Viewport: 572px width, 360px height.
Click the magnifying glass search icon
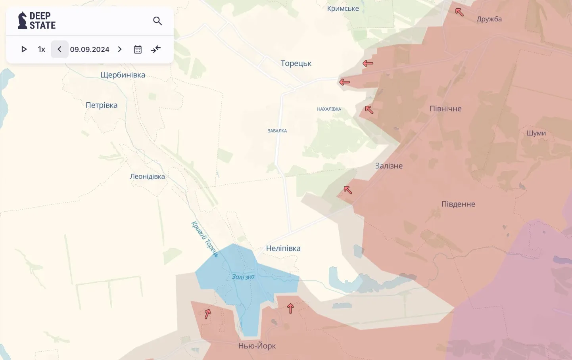(157, 21)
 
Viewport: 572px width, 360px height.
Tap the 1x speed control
(42, 50)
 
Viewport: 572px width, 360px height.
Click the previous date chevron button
(60, 50)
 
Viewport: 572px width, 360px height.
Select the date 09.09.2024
(90, 50)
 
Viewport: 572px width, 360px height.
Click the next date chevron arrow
(120, 50)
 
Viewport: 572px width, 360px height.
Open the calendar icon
(138, 50)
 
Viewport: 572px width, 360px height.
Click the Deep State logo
(37, 21)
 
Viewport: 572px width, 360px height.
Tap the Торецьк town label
(296, 63)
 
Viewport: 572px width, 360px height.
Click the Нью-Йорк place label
(257, 346)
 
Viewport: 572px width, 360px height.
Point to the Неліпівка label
(283, 249)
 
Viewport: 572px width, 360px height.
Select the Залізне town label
(389, 166)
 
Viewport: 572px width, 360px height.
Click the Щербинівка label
(123, 75)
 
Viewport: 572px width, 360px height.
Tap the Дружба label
(489, 19)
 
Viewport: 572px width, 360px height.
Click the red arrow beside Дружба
(459, 12)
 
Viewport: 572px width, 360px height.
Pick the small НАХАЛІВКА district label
(329, 109)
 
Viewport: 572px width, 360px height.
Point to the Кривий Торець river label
(205, 239)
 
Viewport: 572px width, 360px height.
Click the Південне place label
(458, 204)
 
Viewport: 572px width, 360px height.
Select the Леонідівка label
(147, 176)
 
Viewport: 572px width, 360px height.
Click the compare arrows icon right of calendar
(156, 49)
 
